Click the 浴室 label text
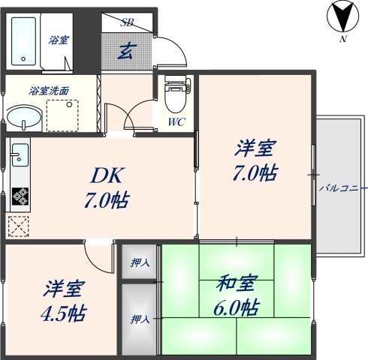(59, 39)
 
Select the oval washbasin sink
(25, 117)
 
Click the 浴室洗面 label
(50, 91)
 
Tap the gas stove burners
(19, 197)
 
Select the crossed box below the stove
(18, 225)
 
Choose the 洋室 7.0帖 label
(255, 161)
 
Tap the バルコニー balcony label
(342, 187)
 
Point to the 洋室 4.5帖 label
(62, 301)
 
